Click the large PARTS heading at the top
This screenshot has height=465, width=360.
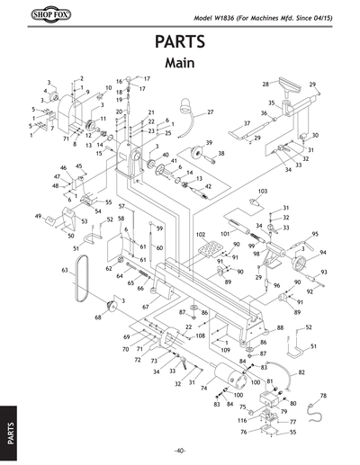(x=179, y=42)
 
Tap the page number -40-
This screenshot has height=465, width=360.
(x=180, y=450)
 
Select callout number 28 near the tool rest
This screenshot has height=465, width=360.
(x=265, y=84)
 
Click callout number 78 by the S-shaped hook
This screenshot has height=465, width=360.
(x=323, y=396)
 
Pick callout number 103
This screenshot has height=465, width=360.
(x=263, y=192)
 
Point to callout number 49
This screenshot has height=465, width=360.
(x=38, y=217)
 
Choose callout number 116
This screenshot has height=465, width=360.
(x=241, y=421)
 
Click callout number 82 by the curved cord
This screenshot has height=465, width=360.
(x=301, y=371)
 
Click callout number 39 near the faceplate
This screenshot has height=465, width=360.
(x=208, y=143)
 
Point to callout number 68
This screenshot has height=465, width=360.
(x=98, y=317)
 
